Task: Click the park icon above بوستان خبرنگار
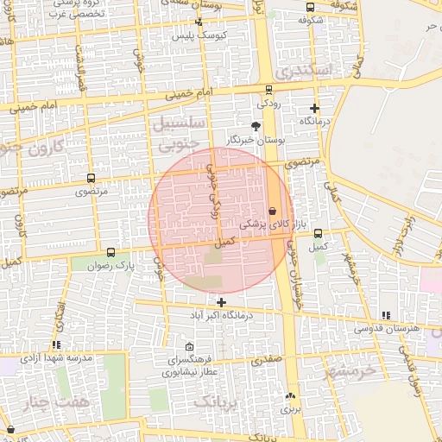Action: pyautogui.click(x=256, y=126)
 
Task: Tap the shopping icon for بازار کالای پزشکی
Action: pyautogui.click(x=273, y=210)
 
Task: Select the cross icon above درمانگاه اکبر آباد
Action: pyautogui.click(x=222, y=302)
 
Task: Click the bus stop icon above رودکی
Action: pyautogui.click(x=268, y=90)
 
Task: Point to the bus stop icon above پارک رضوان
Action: pyautogui.click(x=110, y=253)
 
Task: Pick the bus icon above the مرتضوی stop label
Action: pyautogui.click(x=91, y=178)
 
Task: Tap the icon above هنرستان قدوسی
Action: pyautogui.click(x=385, y=316)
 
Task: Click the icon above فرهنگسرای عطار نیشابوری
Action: pyautogui.click(x=178, y=345)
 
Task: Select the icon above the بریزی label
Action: pyautogui.click(x=289, y=396)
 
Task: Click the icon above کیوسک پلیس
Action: pyautogui.click(x=198, y=22)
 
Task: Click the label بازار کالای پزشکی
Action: pyautogui.click(x=262, y=224)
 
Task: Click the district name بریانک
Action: pyautogui.click(x=215, y=401)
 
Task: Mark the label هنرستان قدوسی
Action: pyautogui.click(x=390, y=329)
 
